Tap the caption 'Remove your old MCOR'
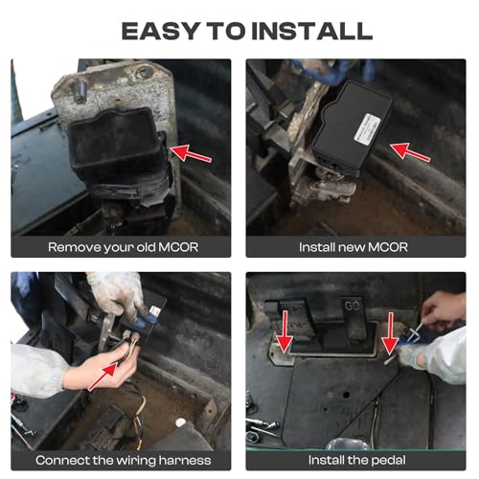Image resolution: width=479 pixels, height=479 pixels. (x=123, y=247)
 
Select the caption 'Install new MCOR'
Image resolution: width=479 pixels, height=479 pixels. (x=354, y=247)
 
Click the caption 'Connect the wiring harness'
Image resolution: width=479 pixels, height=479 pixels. (x=124, y=460)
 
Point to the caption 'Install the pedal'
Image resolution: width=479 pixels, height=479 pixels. (x=356, y=460)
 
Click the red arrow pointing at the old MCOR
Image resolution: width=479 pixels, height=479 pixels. (x=191, y=153)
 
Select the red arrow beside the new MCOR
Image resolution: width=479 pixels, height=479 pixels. (x=410, y=152)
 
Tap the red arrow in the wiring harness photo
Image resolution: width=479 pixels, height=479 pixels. (x=103, y=376)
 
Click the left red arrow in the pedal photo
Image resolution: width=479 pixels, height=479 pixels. (x=285, y=332)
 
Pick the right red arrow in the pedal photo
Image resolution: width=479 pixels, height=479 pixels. (x=390, y=333)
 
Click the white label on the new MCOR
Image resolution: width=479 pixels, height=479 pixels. (x=367, y=127)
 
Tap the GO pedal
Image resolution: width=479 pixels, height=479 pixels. (x=354, y=318)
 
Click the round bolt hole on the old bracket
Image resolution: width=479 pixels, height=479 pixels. (x=144, y=72)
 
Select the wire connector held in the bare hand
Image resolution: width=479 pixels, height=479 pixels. (x=132, y=338)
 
